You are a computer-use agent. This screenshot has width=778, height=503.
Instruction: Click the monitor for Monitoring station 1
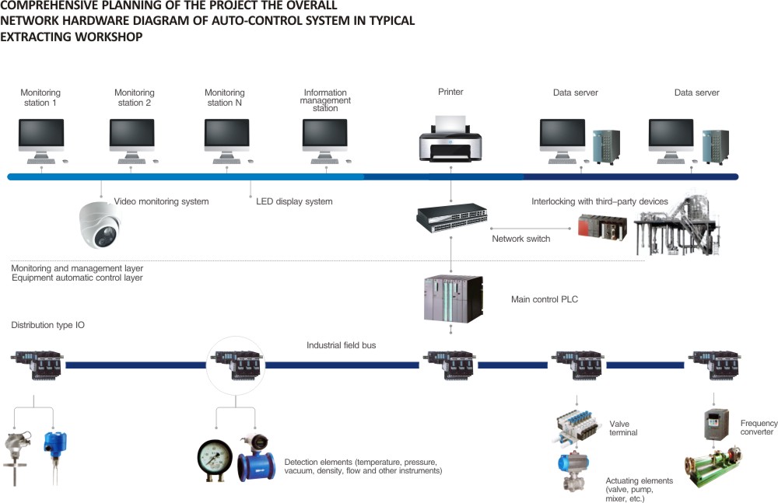[41, 135]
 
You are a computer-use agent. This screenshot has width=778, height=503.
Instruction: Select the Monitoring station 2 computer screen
[131, 135]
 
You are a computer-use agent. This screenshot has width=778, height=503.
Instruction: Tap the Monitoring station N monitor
[226, 135]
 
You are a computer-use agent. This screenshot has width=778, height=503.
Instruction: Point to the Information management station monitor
[324, 135]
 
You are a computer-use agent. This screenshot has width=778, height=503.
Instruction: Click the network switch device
[451, 218]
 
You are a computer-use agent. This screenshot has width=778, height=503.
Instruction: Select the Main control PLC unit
[451, 300]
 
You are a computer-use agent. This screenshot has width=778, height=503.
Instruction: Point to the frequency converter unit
[715, 424]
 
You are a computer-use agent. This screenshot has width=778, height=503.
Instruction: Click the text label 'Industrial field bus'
[341, 345]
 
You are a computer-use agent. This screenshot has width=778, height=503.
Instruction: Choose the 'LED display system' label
[294, 202]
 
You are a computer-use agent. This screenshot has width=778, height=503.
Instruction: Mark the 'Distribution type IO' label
[48, 326]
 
